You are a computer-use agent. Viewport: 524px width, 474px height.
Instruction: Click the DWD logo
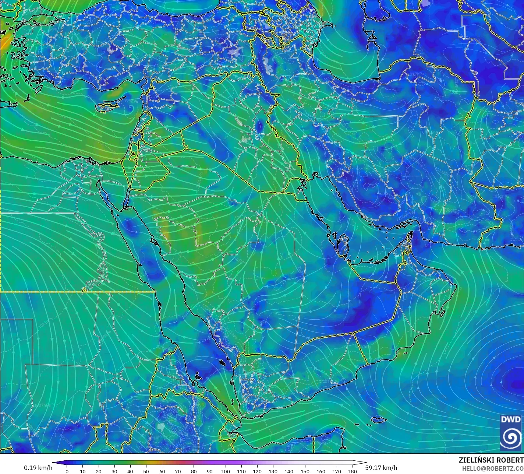510,432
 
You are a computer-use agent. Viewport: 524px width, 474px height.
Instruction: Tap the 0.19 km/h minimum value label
38,468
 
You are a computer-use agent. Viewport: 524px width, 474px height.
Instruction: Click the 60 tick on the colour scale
162,471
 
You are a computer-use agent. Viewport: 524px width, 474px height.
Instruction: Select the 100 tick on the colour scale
226,471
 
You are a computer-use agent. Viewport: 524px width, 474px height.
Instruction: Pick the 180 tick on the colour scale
353,471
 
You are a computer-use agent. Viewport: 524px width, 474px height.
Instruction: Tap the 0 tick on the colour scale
67,471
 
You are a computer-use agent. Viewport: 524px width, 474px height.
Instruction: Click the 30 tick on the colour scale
114,471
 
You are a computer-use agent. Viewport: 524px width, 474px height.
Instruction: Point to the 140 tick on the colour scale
289,471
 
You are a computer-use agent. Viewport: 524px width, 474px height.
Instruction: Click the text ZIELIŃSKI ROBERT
491,460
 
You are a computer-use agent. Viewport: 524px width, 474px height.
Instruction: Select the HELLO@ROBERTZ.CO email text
493,468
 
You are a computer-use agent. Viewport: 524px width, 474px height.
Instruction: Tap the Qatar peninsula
344,245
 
